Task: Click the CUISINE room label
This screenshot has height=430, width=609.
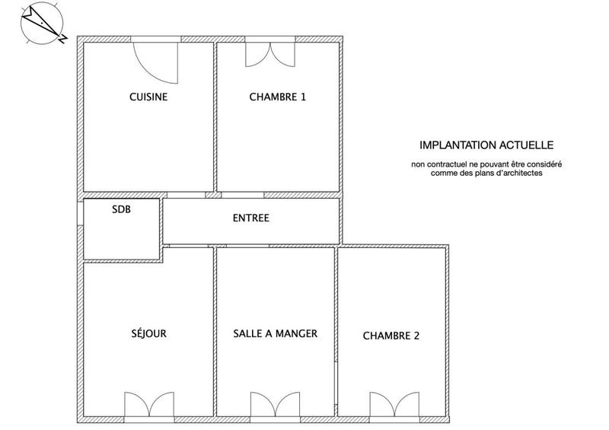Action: (x=148, y=97)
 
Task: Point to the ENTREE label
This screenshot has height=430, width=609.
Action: (x=251, y=218)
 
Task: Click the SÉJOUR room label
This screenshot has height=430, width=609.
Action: (x=149, y=333)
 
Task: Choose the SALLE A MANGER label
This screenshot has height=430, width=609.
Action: (x=275, y=333)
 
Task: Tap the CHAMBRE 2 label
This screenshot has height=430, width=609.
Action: (x=391, y=335)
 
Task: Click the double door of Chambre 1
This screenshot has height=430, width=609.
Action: (x=269, y=53)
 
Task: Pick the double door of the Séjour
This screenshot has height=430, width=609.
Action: (x=149, y=404)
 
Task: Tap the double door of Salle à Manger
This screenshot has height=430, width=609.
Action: (x=275, y=404)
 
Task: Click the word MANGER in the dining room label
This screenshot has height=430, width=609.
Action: (x=298, y=333)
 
